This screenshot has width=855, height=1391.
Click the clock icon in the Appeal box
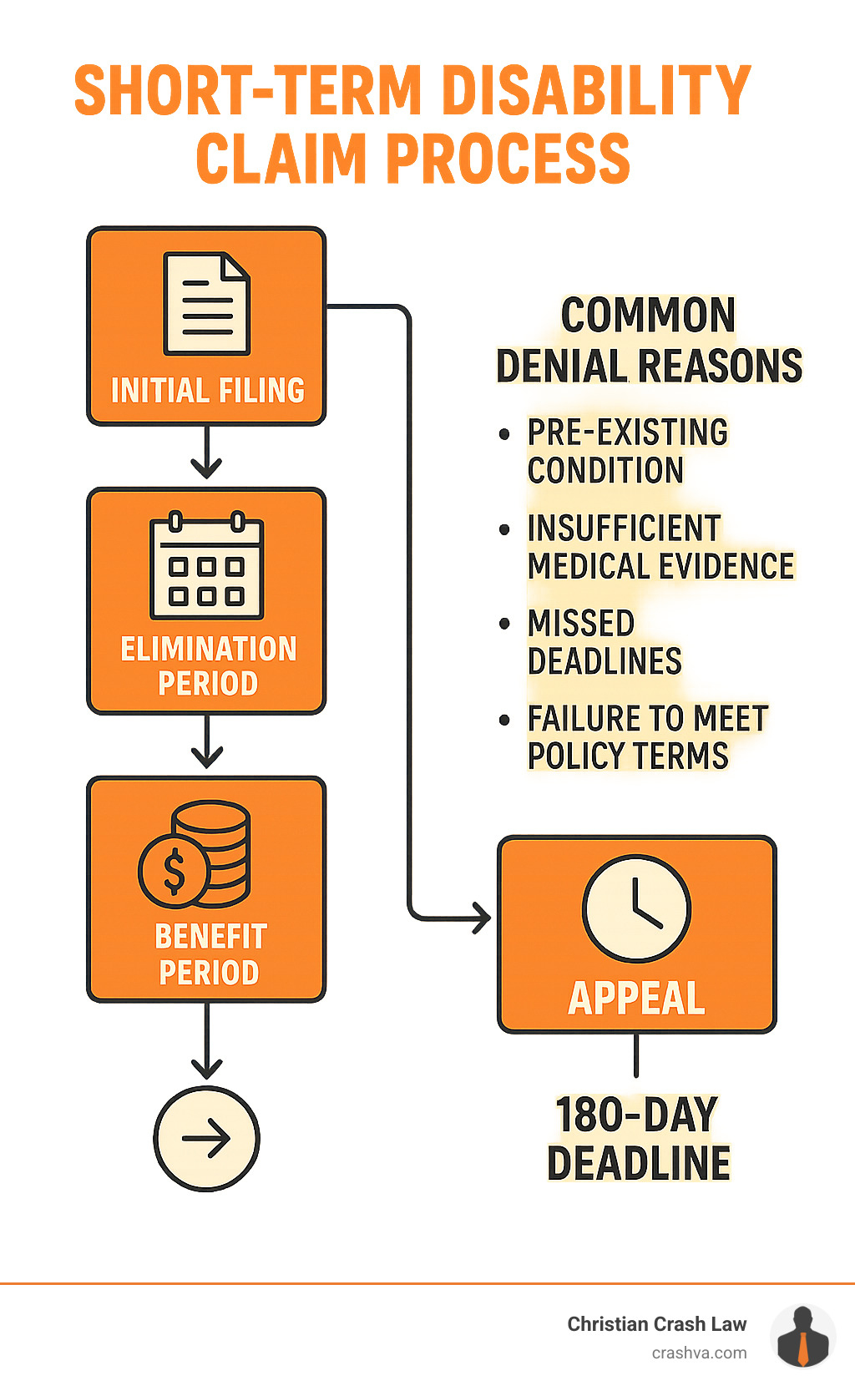(x=636, y=908)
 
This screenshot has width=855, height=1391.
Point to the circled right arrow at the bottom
(x=206, y=1138)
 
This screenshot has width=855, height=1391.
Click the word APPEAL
(x=636, y=998)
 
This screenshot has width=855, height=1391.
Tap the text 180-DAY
(x=636, y=1115)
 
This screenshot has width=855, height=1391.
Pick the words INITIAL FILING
(x=207, y=391)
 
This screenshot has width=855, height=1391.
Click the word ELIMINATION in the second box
(x=208, y=649)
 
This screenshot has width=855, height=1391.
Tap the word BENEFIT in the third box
(x=210, y=936)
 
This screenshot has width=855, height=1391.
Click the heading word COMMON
(x=648, y=316)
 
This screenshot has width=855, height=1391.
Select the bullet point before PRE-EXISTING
(x=503, y=434)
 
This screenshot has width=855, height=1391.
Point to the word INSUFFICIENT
(x=624, y=528)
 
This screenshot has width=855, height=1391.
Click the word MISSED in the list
(x=581, y=623)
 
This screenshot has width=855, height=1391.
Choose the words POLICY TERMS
(x=628, y=756)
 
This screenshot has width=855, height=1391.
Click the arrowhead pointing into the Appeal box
(x=483, y=918)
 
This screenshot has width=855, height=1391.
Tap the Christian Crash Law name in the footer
(x=656, y=1324)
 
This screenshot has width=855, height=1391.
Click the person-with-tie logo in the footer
(x=802, y=1337)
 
